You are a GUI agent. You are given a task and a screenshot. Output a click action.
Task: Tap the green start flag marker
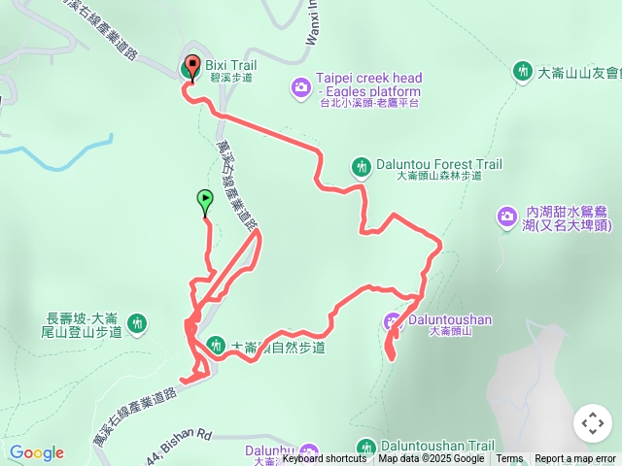[x=205, y=201]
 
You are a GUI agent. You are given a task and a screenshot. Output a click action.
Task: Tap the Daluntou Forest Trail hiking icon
[x=361, y=166]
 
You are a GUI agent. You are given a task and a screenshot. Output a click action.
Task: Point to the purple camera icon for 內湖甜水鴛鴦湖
[x=506, y=217]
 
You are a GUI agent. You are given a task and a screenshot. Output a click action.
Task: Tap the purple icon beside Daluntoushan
[x=393, y=320]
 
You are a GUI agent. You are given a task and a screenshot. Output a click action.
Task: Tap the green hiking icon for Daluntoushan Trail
[x=365, y=448]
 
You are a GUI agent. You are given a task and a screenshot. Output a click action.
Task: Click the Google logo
[x=36, y=452]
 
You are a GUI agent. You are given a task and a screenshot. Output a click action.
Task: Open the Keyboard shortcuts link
[x=325, y=459]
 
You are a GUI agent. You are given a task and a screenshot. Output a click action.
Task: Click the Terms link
[x=509, y=459]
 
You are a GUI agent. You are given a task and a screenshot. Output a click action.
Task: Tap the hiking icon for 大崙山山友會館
[x=522, y=71]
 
